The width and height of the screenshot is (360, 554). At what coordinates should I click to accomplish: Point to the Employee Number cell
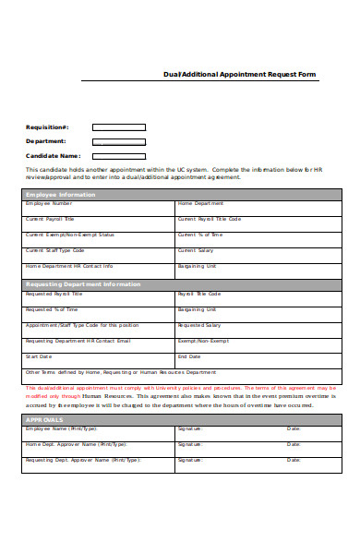(99, 208)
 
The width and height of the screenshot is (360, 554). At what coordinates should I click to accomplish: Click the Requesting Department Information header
(83, 284)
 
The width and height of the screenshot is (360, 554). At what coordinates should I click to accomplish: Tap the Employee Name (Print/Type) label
(61, 429)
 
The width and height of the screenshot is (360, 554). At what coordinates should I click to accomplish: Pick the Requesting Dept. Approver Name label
(83, 459)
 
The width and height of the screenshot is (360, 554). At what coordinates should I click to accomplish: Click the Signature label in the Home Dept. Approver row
(190, 444)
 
